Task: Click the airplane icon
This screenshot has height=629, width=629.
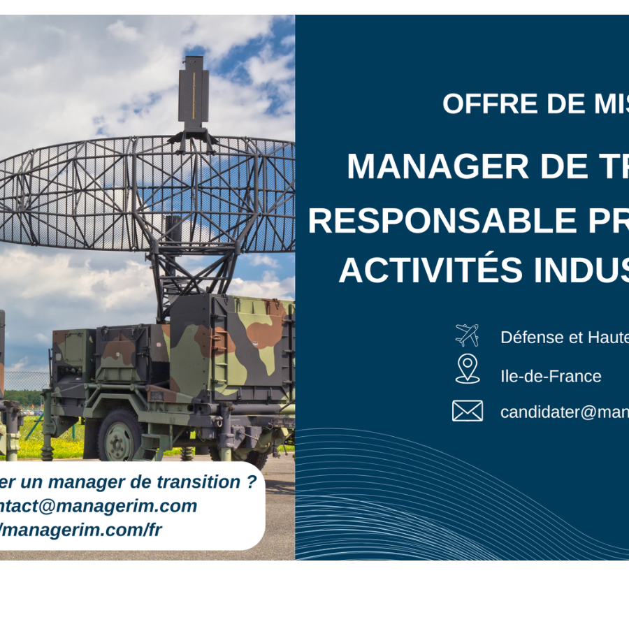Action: coord(467,335)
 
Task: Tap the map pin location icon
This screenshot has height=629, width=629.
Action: coord(467,368)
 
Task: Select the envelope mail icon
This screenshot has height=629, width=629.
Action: coord(467,411)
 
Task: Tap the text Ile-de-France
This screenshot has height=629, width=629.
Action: coord(551,376)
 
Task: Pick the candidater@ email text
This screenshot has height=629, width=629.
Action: coord(564,412)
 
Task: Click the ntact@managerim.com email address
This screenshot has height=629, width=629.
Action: coord(99,506)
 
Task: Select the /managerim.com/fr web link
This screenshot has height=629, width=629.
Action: coord(81,530)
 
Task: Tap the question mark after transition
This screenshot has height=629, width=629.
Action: coord(252,482)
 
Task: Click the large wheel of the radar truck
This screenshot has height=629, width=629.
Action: coord(120,435)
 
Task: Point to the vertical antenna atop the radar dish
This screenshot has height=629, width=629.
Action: coord(193,94)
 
